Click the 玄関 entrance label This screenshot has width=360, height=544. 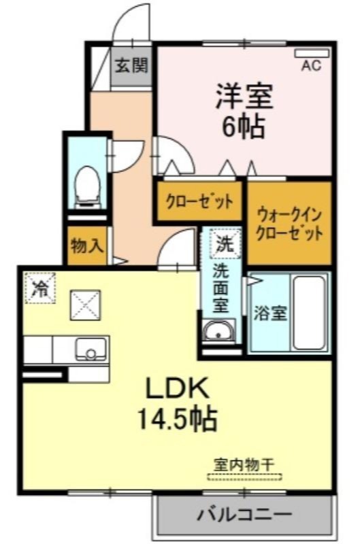131,65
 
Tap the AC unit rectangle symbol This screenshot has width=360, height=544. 312,54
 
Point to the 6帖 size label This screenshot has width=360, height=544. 244,126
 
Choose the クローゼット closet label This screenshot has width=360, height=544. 199,201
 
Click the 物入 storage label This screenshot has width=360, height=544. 87,245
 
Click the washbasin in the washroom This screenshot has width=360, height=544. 218,331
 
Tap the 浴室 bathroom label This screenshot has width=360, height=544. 270,313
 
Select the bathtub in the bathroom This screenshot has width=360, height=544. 310,312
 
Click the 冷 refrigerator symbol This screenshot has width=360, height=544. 40,288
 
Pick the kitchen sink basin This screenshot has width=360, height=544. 91,349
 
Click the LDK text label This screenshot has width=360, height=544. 178,389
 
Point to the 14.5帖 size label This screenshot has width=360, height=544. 178,418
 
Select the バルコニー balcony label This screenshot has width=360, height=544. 244,514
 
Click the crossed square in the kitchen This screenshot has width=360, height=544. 85,305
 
